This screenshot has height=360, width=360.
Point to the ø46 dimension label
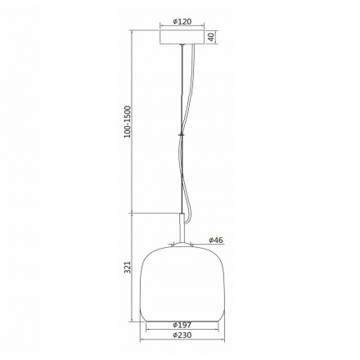[215, 240]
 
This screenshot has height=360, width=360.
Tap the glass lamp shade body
[184, 282]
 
